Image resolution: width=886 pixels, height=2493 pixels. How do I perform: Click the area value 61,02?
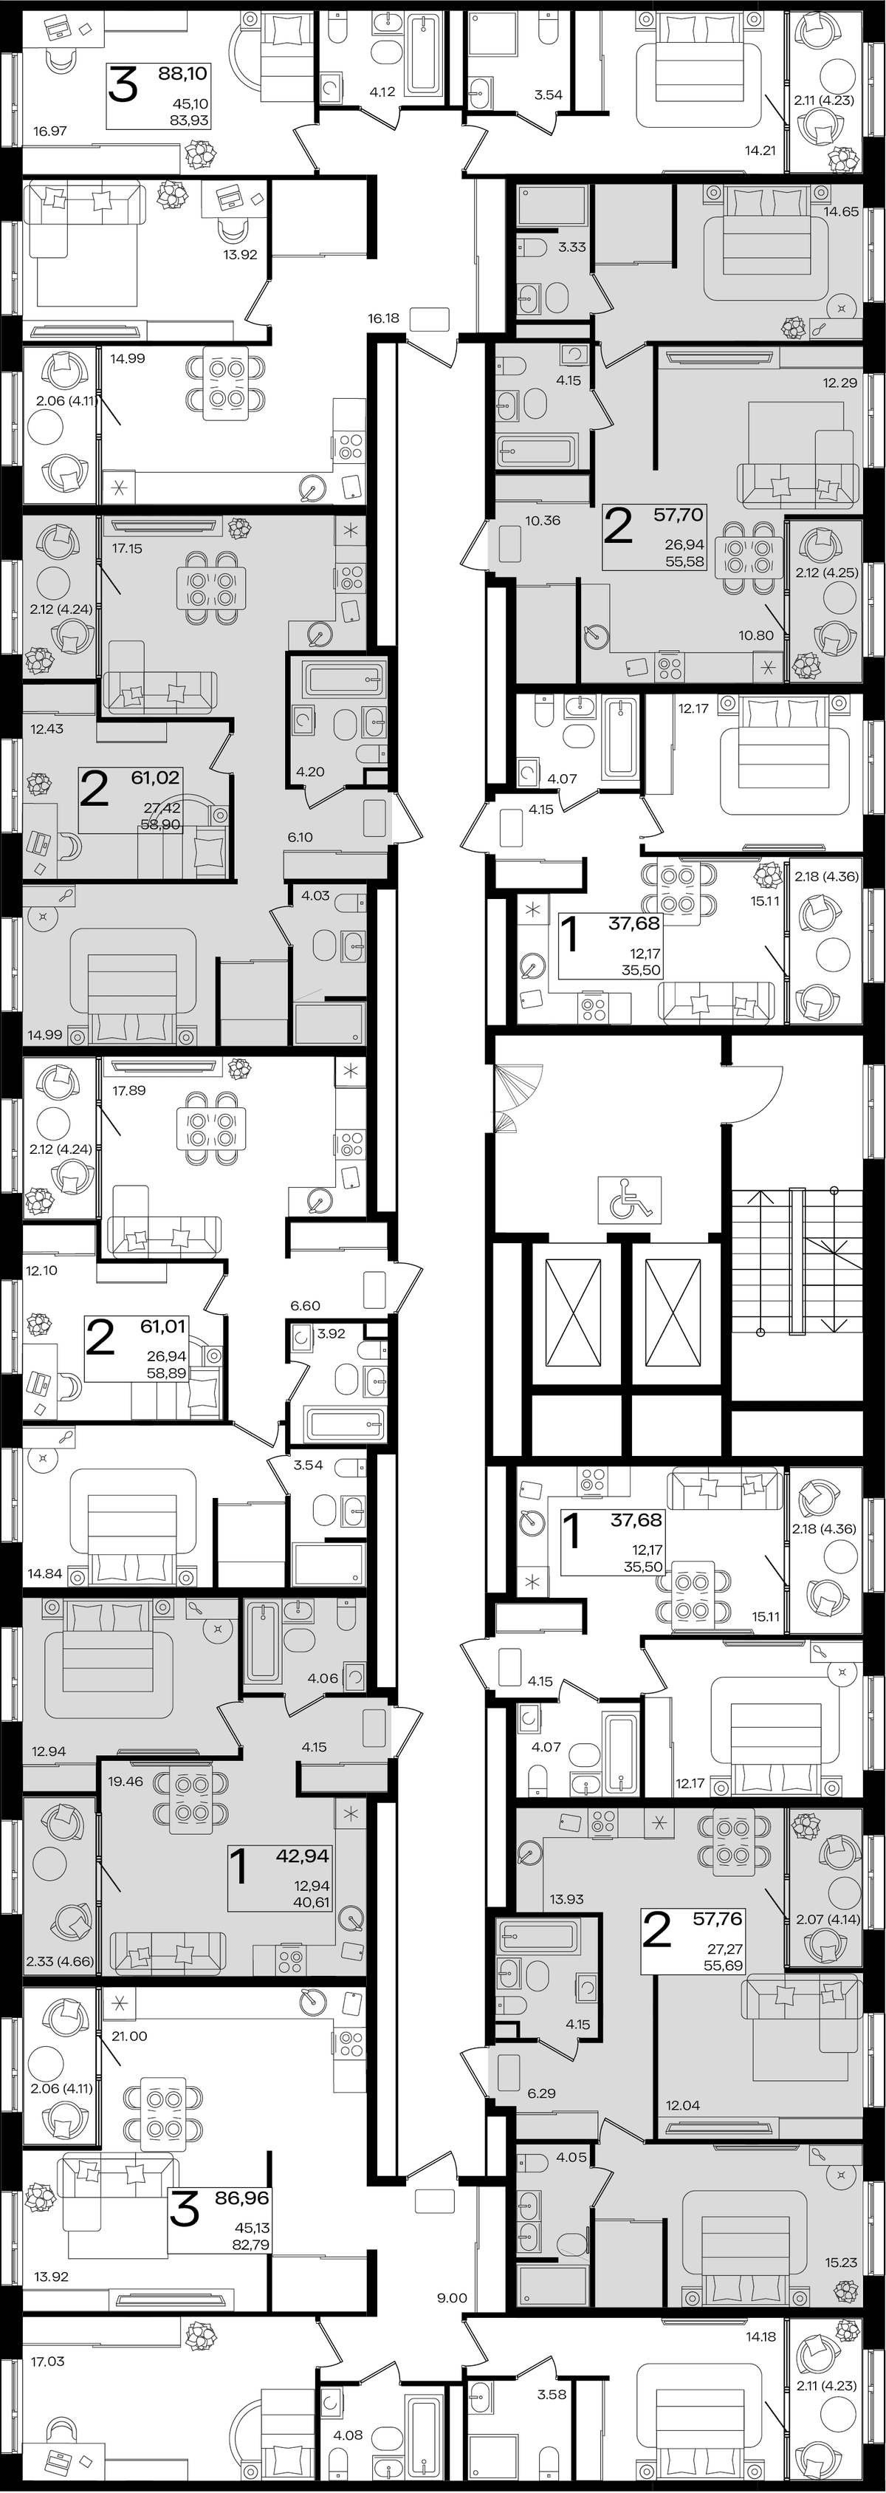pos(155,777)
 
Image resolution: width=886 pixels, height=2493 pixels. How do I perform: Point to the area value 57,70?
pos(678,515)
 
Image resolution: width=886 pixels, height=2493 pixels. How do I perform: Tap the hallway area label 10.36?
pos(543,520)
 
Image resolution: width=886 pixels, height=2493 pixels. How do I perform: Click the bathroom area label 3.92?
pos(331,1333)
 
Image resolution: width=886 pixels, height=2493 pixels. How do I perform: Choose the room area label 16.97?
pos(49,131)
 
